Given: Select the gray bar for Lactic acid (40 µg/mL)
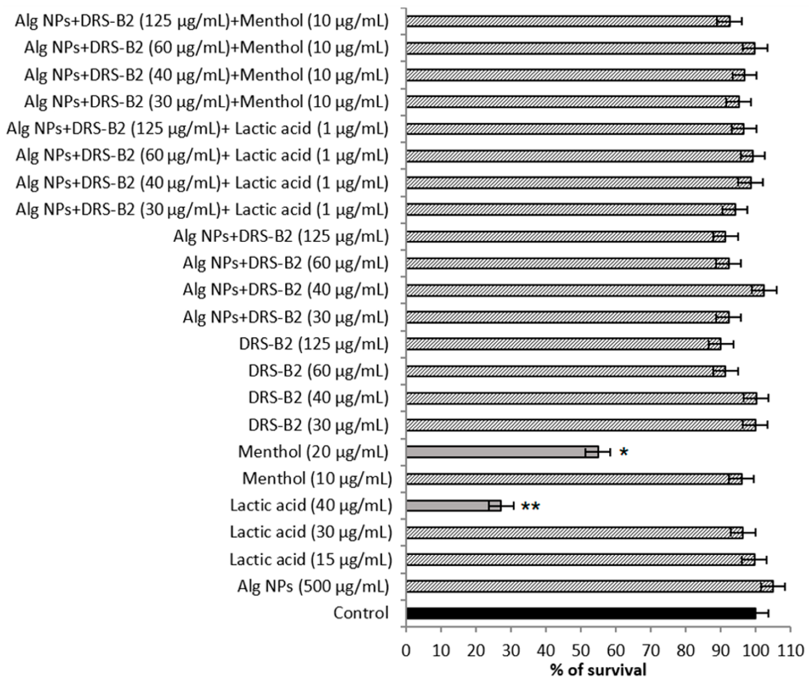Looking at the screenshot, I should pos(454,506).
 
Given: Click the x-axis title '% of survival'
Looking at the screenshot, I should pos(598,670).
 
